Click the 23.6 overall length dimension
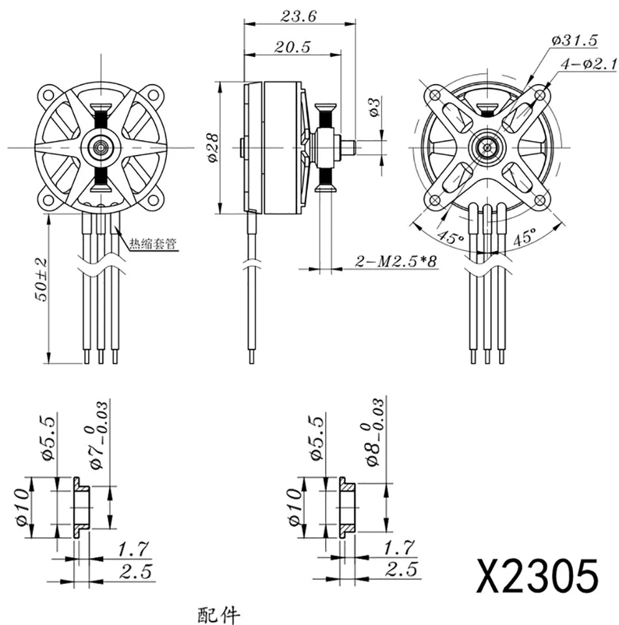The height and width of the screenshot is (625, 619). [x=298, y=16]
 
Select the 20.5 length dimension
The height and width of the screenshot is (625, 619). [x=292, y=48]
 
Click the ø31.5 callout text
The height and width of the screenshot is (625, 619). [x=574, y=40]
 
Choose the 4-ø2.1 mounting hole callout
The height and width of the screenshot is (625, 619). [x=579, y=64]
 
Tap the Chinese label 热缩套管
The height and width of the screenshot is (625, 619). [x=152, y=244]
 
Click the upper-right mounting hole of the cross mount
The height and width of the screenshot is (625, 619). [x=540, y=96]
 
